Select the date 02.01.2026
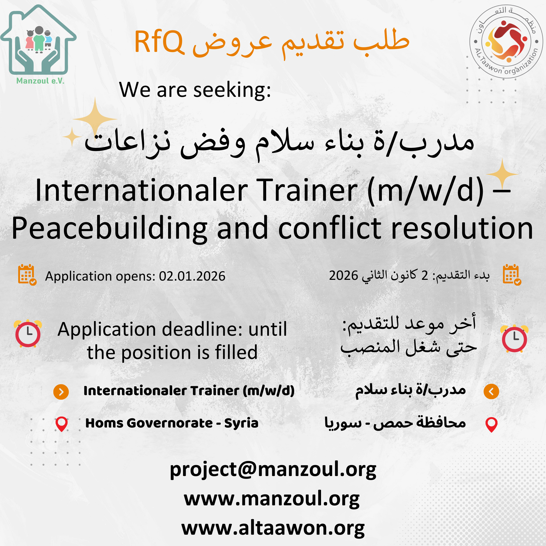[192, 276]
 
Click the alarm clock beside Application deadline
[28, 334]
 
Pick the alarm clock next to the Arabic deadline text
[514, 338]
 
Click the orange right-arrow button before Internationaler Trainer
[61, 392]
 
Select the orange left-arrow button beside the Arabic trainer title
[491, 391]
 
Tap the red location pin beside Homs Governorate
[61, 424]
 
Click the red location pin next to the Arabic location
[491, 425]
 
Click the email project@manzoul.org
[273, 470]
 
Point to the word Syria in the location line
[241, 423]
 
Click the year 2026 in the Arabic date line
[343, 275]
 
